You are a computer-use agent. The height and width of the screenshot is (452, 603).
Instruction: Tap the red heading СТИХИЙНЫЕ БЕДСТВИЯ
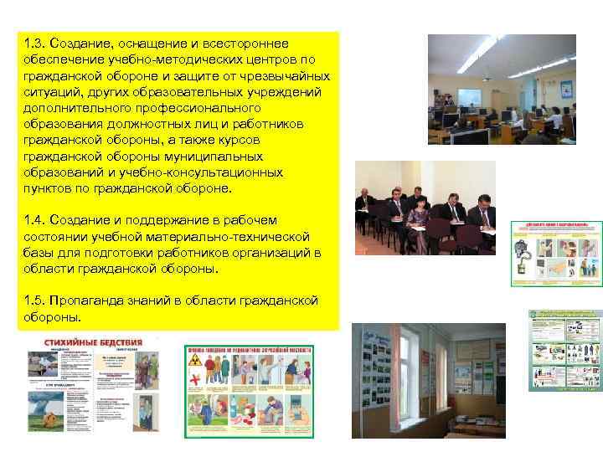(x=92, y=343)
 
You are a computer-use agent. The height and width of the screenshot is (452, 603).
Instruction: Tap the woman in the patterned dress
(x=418, y=214)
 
